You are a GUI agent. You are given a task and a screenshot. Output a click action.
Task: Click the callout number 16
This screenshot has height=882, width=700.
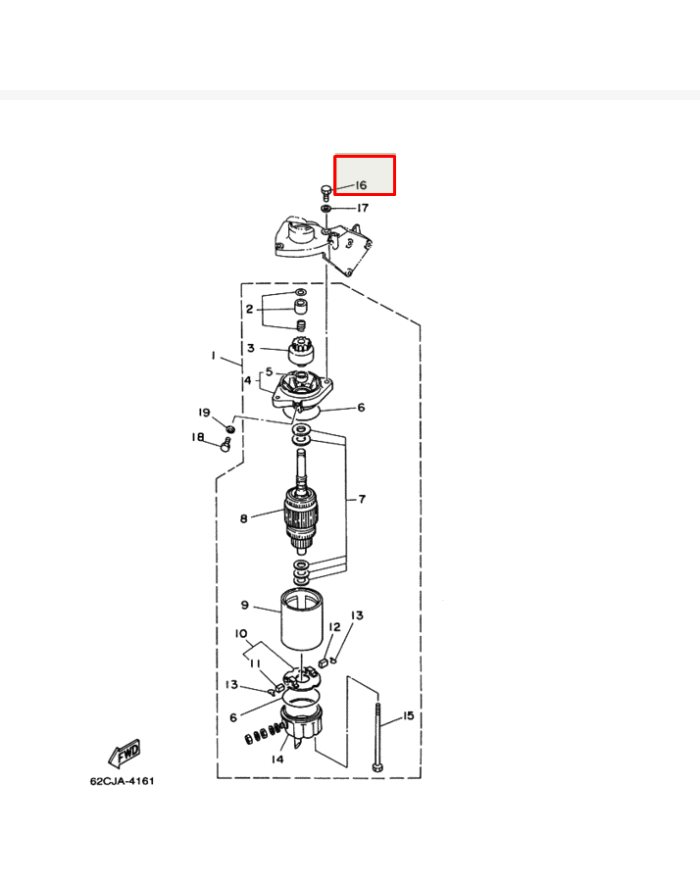click(361, 185)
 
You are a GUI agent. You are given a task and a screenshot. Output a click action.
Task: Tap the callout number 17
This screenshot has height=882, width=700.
click(363, 208)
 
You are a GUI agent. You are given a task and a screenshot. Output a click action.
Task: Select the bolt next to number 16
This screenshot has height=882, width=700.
click(325, 192)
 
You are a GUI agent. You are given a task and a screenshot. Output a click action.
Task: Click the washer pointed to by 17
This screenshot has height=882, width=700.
click(326, 209)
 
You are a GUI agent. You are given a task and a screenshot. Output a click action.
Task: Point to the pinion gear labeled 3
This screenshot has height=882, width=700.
click(301, 351)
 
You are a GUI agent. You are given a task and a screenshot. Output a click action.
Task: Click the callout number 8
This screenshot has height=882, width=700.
click(244, 518)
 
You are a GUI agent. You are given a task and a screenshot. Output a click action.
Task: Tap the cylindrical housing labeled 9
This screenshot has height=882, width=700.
click(302, 618)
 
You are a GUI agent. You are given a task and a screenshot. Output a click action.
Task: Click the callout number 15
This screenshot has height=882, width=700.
click(408, 715)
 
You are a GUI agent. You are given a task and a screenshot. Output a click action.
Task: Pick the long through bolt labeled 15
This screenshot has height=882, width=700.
click(377, 737)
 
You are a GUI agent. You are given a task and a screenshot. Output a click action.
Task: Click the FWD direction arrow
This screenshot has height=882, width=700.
click(125, 754)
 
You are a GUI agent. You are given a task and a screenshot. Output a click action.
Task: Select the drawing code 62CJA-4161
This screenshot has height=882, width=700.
click(123, 781)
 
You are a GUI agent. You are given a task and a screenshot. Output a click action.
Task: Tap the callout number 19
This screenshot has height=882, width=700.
click(204, 413)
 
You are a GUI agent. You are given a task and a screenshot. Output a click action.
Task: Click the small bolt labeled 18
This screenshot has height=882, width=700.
click(225, 445)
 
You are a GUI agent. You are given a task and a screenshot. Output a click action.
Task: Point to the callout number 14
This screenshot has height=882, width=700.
click(277, 759)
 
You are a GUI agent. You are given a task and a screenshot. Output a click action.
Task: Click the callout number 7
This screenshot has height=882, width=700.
click(362, 499)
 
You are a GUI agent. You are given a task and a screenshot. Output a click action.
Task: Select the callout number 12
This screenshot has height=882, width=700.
click(334, 626)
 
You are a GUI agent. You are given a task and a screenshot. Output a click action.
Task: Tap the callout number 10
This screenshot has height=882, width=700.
click(241, 634)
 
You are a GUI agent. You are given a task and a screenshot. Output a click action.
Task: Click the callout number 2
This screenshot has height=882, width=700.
click(249, 309)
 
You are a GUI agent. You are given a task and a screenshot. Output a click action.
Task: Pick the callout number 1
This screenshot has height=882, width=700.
click(214, 356)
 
